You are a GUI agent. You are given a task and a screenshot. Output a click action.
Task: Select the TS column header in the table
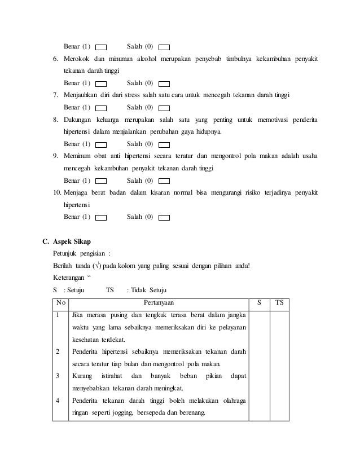[x=279, y=303]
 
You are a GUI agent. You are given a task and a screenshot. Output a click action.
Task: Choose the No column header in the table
[x=60, y=303]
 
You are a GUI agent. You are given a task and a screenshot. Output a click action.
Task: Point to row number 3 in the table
[x=57, y=375]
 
